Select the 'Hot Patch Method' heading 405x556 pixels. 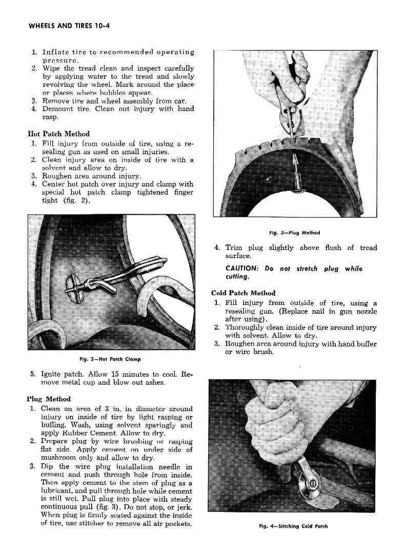(x=58, y=134)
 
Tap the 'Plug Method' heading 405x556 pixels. (x=48, y=399)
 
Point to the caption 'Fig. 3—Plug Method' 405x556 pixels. (x=295, y=233)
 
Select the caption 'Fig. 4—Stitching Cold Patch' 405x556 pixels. (x=294, y=526)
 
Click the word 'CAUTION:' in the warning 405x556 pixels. (x=243, y=269)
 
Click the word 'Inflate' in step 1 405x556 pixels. (x=56, y=52)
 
